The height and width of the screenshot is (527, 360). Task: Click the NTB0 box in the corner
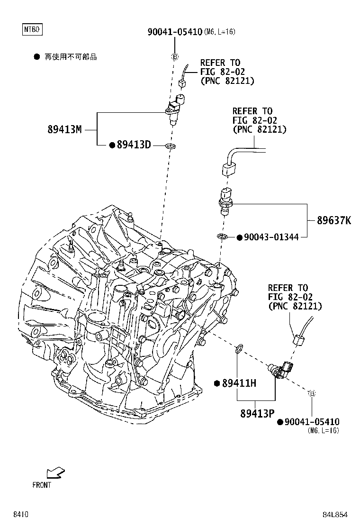(32, 29)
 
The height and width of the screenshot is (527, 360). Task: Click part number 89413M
(65, 129)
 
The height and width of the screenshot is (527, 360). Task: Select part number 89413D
(134, 145)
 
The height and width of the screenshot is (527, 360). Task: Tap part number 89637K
(334, 220)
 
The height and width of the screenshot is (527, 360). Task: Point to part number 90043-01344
(271, 237)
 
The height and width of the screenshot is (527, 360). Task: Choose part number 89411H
(239, 383)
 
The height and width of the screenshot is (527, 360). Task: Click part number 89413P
(258, 413)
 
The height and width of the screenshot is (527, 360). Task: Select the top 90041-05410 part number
(175, 32)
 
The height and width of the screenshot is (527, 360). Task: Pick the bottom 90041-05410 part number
(312, 422)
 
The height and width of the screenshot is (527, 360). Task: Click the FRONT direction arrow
(55, 473)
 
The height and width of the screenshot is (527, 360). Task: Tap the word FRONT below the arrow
(42, 485)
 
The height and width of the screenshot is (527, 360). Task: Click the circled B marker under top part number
(175, 57)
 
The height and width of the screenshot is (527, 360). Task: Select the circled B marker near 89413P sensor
(312, 393)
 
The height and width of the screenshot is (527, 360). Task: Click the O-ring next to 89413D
(171, 146)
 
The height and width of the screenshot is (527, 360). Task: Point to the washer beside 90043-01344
(222, 237)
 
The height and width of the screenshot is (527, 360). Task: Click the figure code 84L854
(335, 515)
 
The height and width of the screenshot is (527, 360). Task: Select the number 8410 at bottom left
(21, 515)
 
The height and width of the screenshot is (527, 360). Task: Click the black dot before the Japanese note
(36, 57)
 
